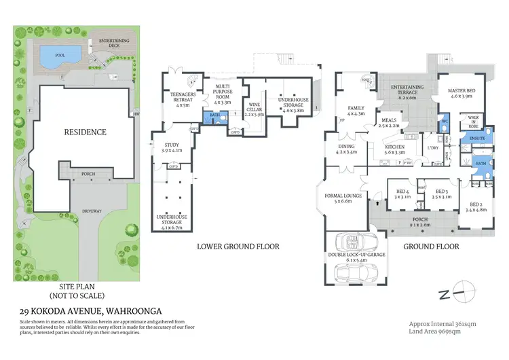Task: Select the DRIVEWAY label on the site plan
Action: pos(91,211)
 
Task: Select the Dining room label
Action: pos(346,149)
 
